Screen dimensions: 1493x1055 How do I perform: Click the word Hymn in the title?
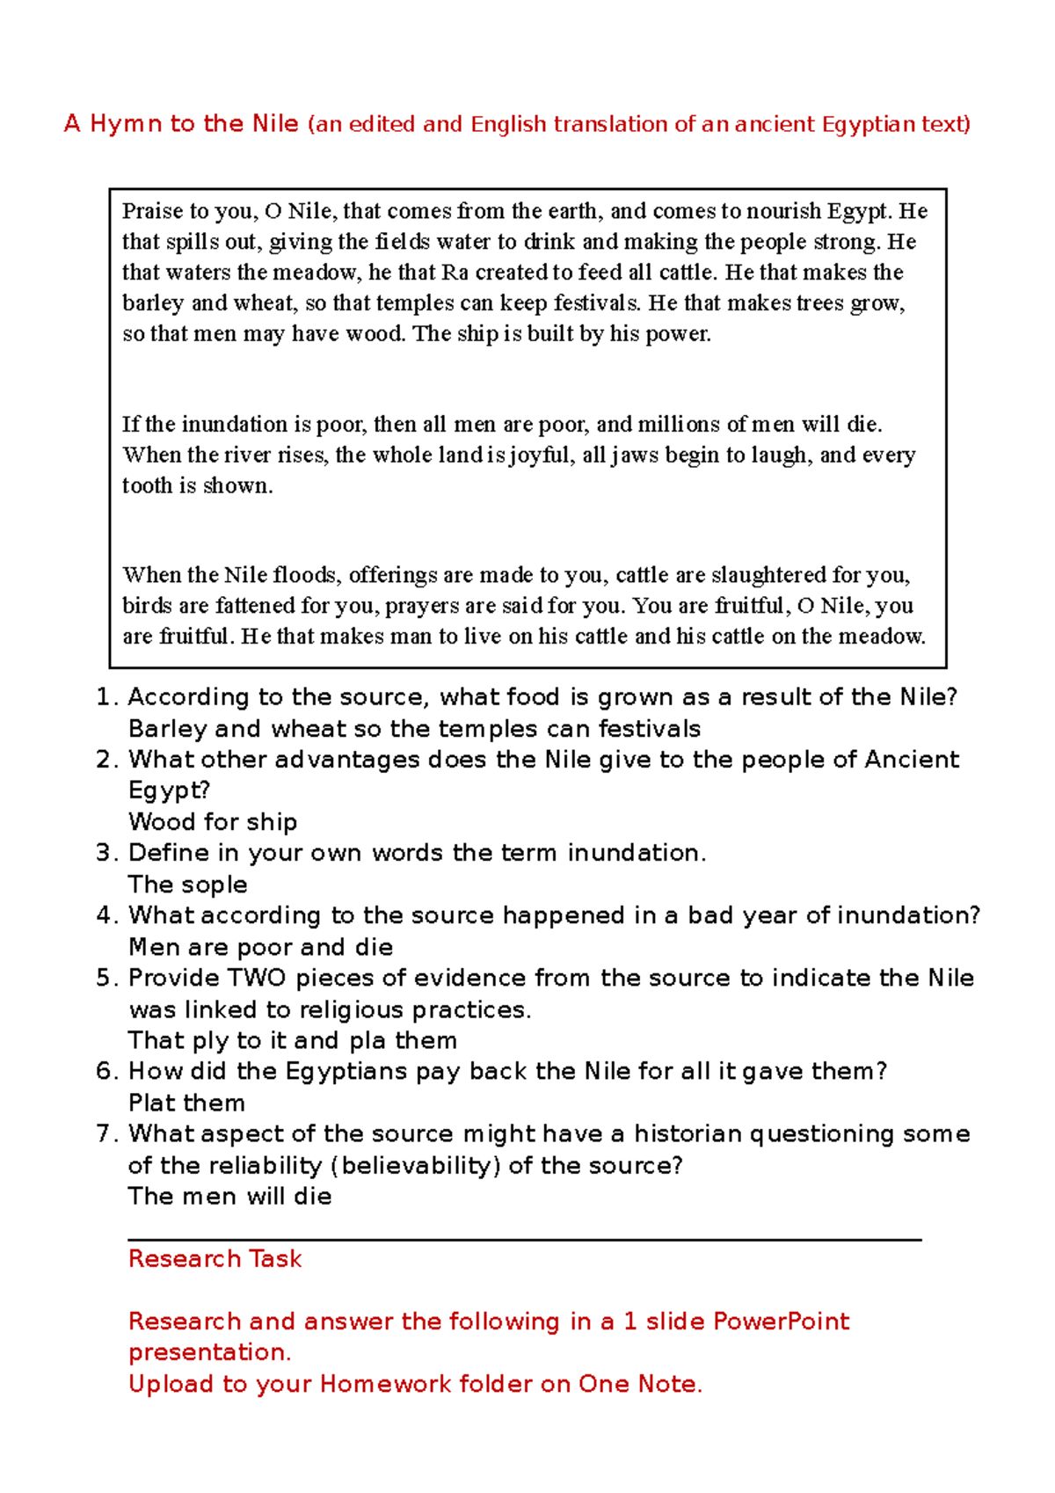126,124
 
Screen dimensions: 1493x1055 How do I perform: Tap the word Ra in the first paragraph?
455,273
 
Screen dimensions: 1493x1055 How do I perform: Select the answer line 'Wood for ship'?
213,822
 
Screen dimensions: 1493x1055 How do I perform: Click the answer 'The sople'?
187,885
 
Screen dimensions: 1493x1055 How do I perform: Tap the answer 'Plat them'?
186,1103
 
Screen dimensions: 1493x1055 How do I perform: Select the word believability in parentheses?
416,1166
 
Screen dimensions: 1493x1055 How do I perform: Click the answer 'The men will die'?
229,1197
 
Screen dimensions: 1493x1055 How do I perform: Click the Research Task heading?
215,1259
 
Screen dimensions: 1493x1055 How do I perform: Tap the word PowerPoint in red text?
781,1322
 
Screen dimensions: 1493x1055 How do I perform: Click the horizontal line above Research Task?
524,1240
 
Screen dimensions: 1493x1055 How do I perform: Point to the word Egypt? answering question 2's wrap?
169,790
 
